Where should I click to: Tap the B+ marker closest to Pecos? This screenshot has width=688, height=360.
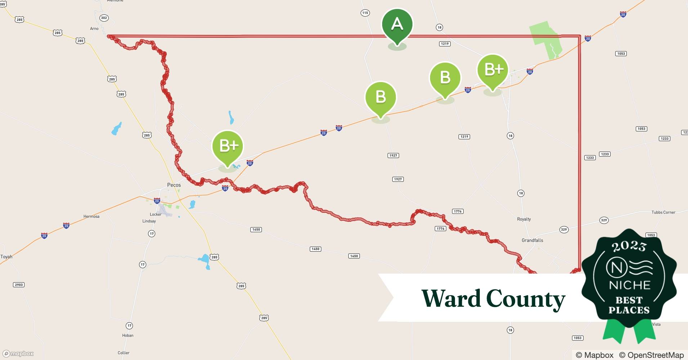click(228, 146)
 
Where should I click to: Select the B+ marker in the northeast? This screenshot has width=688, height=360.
click(492, 69)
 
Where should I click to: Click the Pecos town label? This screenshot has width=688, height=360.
click(174, 185)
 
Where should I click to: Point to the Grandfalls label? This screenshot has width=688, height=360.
click(532, 240)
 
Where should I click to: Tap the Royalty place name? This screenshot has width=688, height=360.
click(524, 219)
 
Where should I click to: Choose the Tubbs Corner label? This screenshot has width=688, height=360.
click(663, 212)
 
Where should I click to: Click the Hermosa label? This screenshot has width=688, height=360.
click(91, 216)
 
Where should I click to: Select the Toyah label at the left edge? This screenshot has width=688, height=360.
click(6, 257)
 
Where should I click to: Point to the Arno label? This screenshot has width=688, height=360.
click(94, 29)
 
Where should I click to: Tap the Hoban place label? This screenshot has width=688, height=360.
click(128, 336)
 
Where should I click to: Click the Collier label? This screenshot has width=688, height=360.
click(124, 353)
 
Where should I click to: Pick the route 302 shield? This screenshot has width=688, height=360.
click(104, 18)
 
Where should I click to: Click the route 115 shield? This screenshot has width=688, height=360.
click(365, 13)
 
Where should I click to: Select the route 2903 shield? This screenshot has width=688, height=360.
click(19, 285)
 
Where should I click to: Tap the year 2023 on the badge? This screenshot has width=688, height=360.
click(629, 246)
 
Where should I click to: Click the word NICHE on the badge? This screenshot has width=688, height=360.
click(629, 285)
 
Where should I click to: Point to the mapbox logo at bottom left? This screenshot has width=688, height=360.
click(18, 354)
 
